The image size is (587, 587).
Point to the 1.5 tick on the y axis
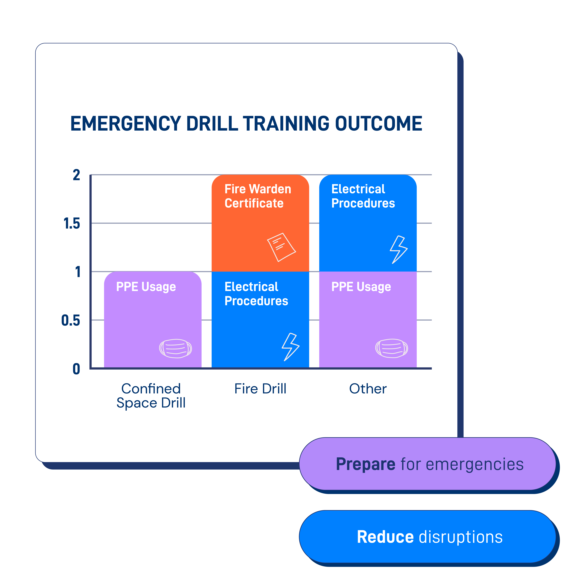(72, 224)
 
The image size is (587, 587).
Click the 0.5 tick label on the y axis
(70, 321)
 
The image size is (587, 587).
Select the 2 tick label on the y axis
(76, 175)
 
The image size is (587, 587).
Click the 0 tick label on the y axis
(76, 369)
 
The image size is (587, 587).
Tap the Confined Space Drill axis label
(151, 396)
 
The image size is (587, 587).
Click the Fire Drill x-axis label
(260, 389)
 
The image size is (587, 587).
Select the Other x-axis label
(368, 389)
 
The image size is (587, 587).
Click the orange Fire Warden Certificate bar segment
(260, 225)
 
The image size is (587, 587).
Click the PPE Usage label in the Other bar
(361, 287)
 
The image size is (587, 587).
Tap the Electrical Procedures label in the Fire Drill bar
(256, 294)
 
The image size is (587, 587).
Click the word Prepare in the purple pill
(365, 464)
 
